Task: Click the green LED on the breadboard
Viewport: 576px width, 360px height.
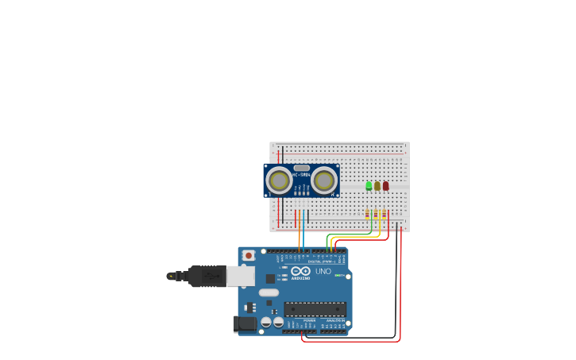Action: pos(369,186)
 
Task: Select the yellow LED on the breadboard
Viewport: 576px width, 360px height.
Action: pos(377,186)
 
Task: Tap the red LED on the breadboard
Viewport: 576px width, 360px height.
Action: pos(386,186)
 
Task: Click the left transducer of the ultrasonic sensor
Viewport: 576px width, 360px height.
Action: pos(279,180)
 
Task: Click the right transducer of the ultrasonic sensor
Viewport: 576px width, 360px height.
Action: pos(323,180)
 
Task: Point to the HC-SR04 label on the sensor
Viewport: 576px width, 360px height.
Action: pos(301,175)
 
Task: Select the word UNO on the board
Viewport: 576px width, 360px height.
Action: pos(323,271)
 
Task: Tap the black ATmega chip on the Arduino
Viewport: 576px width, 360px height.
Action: pos(315,309)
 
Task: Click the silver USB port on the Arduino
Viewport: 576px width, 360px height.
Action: pos(240,276)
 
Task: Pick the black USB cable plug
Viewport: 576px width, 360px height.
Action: pos(207,276)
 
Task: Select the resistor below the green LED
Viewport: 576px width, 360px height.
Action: pos(368,214)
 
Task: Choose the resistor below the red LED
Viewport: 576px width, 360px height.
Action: pos(385,214)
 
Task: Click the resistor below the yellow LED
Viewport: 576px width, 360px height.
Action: pos(376,214)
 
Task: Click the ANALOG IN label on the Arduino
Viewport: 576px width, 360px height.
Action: pos(334,320)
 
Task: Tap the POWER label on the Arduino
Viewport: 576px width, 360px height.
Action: pos(308,320)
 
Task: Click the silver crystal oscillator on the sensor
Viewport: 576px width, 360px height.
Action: pos(301,168)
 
